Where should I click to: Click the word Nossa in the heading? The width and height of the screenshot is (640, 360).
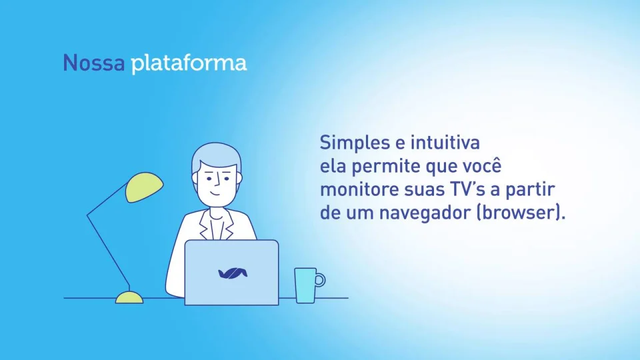(94, 63)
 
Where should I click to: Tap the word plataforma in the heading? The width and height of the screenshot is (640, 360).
(189, 64)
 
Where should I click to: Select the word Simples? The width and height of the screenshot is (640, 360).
(354, 143)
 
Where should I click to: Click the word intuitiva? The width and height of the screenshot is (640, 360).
(445, 143)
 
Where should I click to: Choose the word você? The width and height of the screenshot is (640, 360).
(481, 165)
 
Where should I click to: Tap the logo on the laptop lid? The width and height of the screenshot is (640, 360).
(233, 273)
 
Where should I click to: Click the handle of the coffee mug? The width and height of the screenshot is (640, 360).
(321, 280)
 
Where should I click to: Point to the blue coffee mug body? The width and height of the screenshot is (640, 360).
(305, 285)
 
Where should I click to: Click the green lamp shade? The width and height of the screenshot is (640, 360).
(144, 187)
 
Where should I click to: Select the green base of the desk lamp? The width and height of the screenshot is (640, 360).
(129, 297)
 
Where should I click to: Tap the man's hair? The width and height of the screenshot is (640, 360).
(216, 157)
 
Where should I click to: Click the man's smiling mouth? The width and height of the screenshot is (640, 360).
(215, 193)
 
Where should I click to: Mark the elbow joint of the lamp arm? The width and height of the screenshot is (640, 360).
(87, 215)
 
